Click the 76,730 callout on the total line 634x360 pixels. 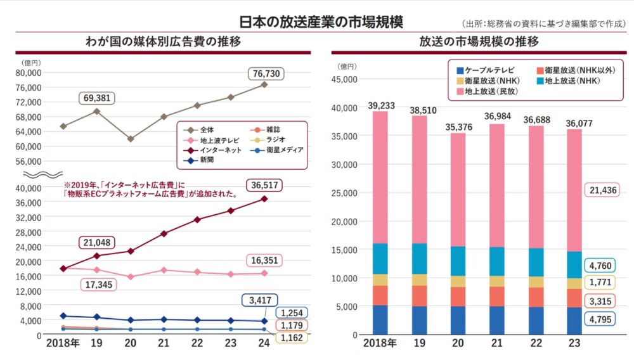tap(266, 74)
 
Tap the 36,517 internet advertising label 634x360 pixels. tap(265, 186)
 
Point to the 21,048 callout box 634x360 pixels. tap(98, 241)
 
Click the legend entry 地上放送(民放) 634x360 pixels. tap(488, 92)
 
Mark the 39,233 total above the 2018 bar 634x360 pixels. tap(380, 105)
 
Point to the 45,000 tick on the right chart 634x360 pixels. tap(346, 79)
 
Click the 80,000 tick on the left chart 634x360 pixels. tap(29, 72)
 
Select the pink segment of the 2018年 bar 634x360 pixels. tap(380, 177)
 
